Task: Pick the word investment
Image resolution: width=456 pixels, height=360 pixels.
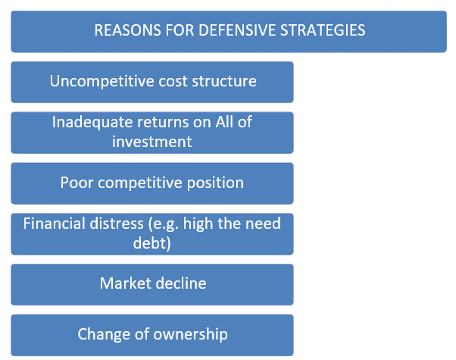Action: coord(151,141)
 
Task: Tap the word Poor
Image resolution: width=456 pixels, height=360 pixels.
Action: coord(77,183)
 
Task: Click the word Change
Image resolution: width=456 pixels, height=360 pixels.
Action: coord(102,334)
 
